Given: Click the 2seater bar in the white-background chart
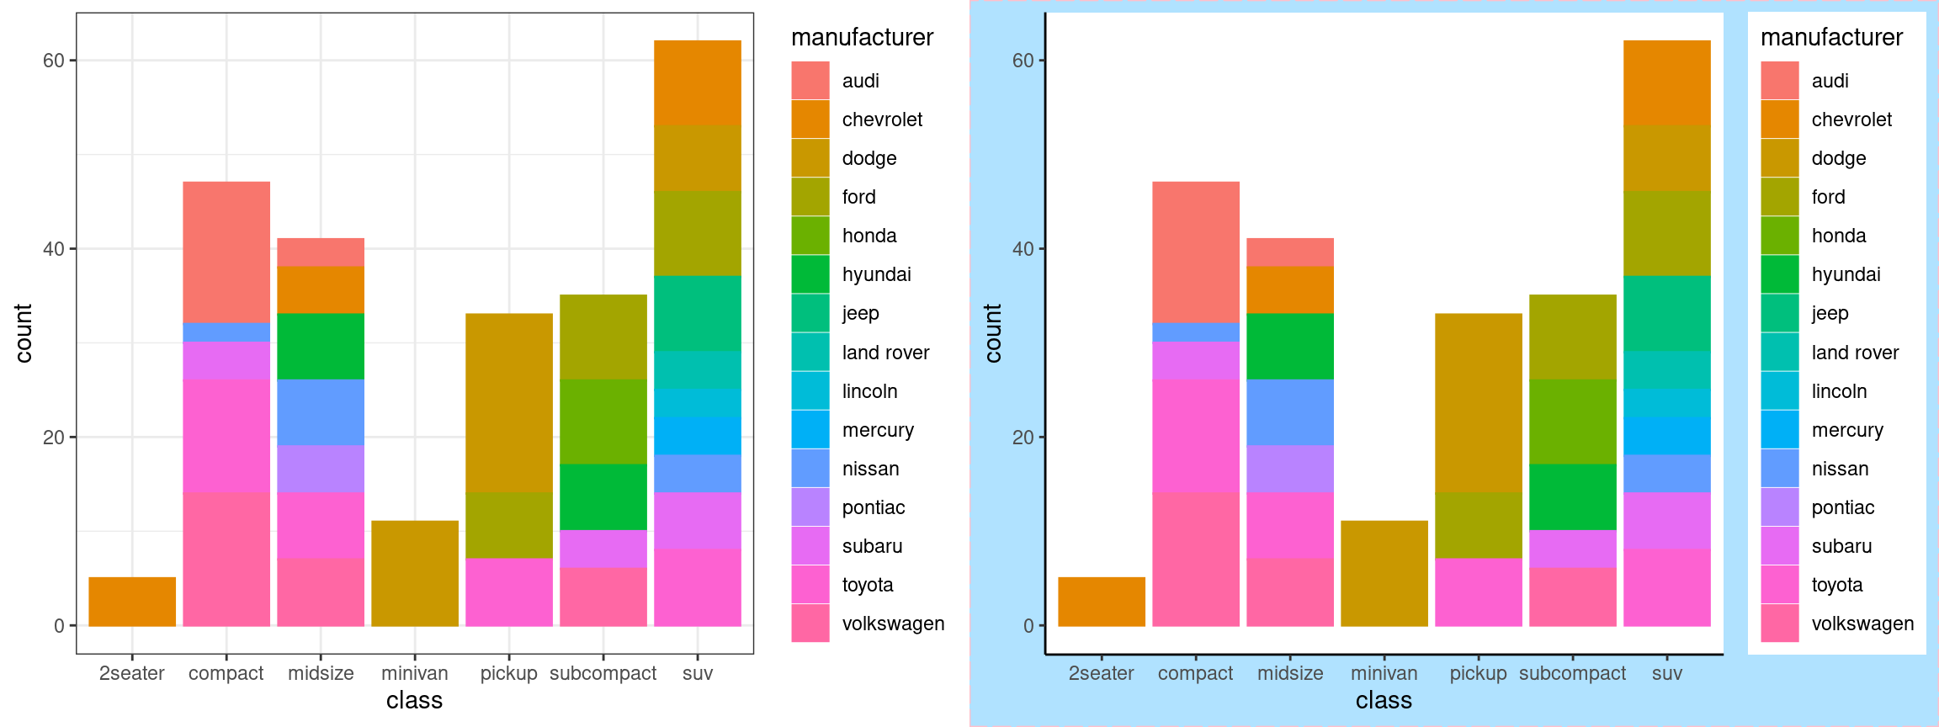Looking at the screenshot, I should point(132,602).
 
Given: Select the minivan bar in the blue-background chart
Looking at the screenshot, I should point(1384,573).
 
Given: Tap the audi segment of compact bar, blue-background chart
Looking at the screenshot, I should point(1195,252).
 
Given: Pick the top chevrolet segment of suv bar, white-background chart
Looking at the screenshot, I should point(698,82).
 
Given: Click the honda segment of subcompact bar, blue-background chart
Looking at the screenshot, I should point(1572,421).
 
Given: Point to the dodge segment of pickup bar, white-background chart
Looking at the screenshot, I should point(509,402).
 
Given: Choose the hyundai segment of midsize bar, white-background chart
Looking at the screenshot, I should point(321,346).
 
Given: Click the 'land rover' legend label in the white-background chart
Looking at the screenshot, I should point(885,353).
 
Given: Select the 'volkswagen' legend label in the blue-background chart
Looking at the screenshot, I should point(1862,624).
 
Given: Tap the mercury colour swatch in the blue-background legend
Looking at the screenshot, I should point(1779,430).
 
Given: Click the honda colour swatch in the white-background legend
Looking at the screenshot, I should point(810,236).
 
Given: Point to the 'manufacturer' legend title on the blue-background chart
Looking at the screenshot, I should point(1831,37).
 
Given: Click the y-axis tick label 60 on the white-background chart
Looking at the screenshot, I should point(54,61).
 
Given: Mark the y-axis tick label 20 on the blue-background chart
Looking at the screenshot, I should point(1023,438).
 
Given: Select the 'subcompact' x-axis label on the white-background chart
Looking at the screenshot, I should point(603,673).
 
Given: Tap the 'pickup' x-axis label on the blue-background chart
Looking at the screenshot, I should point(1478,673).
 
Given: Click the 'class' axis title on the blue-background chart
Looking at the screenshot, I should point(1384,700).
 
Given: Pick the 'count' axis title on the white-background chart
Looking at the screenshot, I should point(24,333).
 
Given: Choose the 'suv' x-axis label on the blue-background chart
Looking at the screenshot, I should point(1666,673).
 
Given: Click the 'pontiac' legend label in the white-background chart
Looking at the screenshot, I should point(874,507).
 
